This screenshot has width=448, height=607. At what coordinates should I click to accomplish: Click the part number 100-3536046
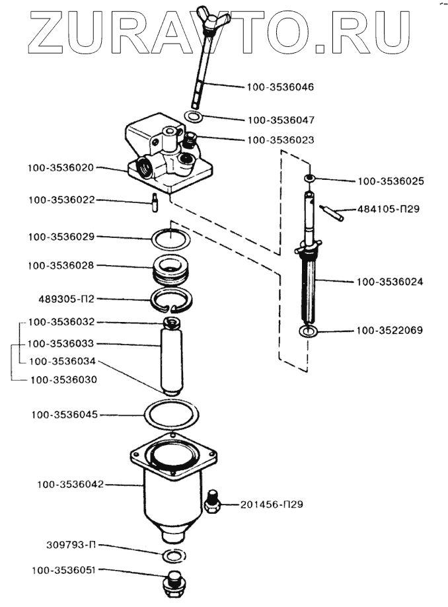tap(280, 87)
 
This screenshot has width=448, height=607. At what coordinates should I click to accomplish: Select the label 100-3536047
tap(281, 120)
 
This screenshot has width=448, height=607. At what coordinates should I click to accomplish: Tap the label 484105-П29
tap(388, 209)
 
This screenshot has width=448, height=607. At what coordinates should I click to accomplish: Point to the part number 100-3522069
tap(390, 331)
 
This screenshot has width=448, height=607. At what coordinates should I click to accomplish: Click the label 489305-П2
tap(67, 299)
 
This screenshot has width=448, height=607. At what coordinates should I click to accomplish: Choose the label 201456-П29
tap(272, 505)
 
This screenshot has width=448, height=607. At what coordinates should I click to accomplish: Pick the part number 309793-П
tap(71, 545)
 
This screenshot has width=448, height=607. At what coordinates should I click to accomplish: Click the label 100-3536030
tap(63, 380)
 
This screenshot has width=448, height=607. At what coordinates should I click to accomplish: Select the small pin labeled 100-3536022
tap(155, 202)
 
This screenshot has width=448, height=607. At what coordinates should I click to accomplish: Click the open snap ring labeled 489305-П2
tap(170, 300)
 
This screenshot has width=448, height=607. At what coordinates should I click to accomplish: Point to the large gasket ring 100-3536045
tap(171, 415)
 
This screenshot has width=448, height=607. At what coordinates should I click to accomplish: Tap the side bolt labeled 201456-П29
tap(211, 502)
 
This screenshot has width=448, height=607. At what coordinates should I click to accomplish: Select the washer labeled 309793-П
tap(172, 556)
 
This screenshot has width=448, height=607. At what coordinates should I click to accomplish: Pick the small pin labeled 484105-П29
tap(332, 214)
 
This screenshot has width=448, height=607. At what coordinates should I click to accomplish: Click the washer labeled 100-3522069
tap(309, 331)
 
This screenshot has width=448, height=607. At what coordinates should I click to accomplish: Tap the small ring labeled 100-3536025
tap(309, 178)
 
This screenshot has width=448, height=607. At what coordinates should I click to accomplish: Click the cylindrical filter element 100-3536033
tap(171, 356)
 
